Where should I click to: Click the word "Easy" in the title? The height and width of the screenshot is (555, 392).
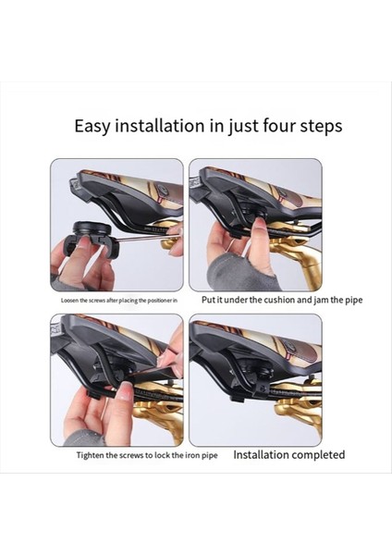pos(92,127)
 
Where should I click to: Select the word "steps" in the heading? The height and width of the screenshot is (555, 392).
pos(321,127)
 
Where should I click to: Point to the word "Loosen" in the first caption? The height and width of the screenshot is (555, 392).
pos(68,301)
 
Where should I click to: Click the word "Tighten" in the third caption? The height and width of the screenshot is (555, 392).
pos(90,455)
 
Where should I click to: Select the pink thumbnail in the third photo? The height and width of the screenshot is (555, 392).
pos(127,392)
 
